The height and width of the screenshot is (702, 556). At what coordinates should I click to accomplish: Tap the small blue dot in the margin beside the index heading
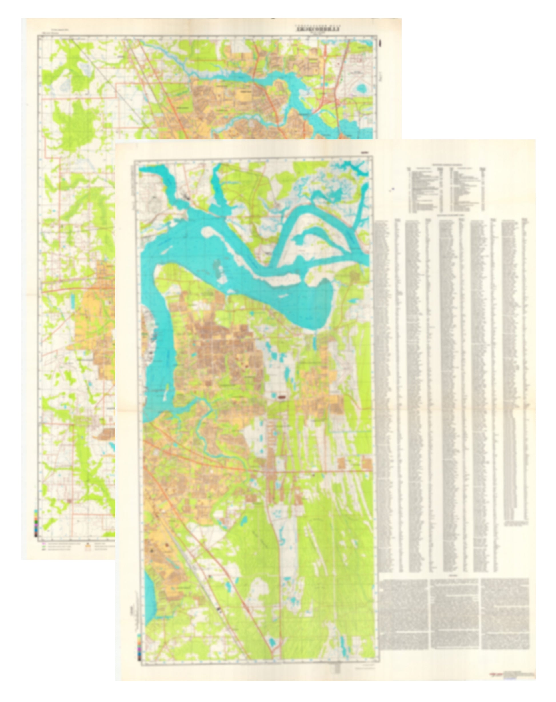[393, 188]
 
